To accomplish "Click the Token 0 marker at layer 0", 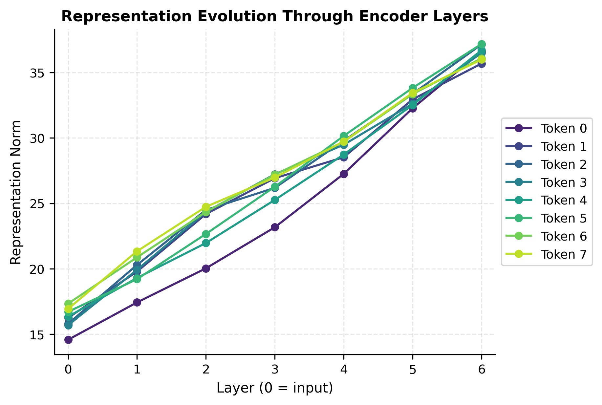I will pyautogui.click(x=68, y=340).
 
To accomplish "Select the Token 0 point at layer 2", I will pyautogui.click(x=206, y=268).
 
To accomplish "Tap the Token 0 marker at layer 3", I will pyautogui.click(x=275, y=227).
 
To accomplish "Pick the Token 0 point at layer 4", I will pyautogui.click(x=344, y=174).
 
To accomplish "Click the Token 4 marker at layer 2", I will pyautogui.click(x=206, y=243).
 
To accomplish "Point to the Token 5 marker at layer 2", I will pyautogui.click(x=206, y=234).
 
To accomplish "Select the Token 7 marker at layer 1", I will pyautogui.click(x=137, y=251).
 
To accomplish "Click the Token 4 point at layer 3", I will pyautogui.click(x=275, y=200).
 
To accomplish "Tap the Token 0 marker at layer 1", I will pyautogui.click(x=137, y=302).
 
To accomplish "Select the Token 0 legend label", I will pyautogui.click(x=563, y=129).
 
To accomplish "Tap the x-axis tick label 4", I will pyautogui.click(x=344, y=370).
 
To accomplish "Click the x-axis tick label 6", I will pyautogui.click(x=482, y=370).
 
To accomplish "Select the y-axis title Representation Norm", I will pyautogui.click(x=16, y=192).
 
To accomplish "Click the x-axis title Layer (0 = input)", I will pyautogui.click(x=275, y=388).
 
